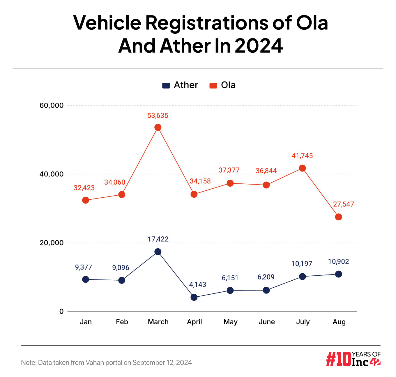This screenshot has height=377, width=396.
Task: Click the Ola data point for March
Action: click(158, 127)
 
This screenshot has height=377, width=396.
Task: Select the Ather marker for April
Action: click(194, 297)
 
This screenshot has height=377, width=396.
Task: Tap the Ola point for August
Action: click(338, 217)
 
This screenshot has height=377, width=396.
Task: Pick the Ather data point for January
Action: click(86, 279)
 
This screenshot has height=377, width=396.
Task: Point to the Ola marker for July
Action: click(302, 168)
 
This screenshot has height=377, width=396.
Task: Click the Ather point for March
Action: click(158, 252)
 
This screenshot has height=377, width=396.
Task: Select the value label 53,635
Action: click(158, 116)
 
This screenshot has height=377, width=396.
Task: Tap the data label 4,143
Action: click(197, 284)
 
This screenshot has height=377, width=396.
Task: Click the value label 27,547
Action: click(343, 204)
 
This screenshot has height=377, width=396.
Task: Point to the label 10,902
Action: click(338, 262)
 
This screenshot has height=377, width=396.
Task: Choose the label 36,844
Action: click(266, 171)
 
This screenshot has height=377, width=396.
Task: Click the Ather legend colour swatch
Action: click(166, 85)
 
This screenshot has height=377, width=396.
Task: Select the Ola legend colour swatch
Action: click(213, 85)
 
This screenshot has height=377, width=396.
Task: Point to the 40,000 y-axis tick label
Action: click(51, 174)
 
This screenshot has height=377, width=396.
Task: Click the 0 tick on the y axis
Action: click(61, 311)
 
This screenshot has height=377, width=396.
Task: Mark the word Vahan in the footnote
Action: click(95, 362)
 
